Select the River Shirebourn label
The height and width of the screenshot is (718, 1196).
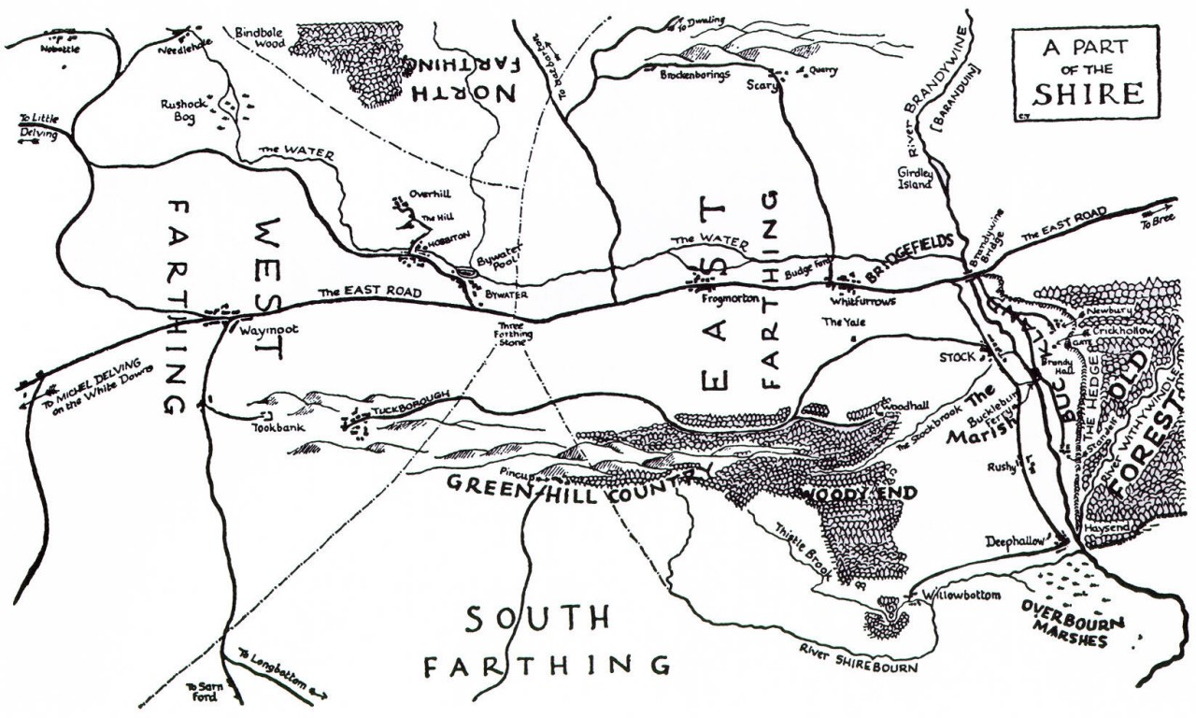point(859,660)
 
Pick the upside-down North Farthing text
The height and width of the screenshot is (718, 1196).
point(462,78)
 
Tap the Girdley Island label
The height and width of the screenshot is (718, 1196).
point(915,179)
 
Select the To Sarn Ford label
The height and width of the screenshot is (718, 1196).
point(203,691)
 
